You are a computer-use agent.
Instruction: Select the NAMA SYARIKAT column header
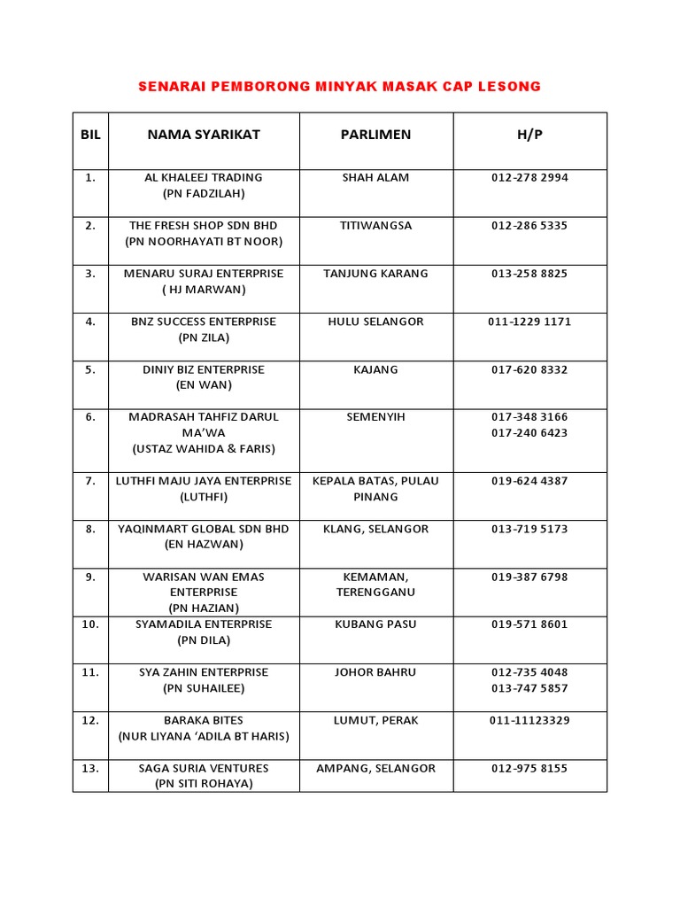(204, 135)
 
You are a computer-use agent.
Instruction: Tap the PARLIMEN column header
(375, 135)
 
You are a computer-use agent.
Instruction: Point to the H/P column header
(529, 135)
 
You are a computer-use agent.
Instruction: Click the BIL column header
(90, 135)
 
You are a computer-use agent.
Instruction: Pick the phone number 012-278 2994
(529, 177)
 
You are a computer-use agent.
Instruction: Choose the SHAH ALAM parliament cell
(375, 177)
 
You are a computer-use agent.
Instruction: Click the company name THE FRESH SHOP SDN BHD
(204, 225)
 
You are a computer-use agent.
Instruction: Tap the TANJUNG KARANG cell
(375, 273)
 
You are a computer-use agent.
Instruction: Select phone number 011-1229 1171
(529, 322)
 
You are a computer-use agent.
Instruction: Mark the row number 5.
(90, 369)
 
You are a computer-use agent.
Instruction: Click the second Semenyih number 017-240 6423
(529, 433)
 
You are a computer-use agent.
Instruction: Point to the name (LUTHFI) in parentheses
(204, 497)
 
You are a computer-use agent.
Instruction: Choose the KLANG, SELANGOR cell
(375, 529)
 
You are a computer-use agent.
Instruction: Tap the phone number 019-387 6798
(529, 577)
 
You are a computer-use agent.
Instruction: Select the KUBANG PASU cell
(375, 624)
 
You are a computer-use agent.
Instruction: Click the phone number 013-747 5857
(529, 688)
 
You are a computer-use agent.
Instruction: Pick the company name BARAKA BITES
(204, 720)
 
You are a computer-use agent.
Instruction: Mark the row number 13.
(90, 768)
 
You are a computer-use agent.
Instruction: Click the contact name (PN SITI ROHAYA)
(204, 784)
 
